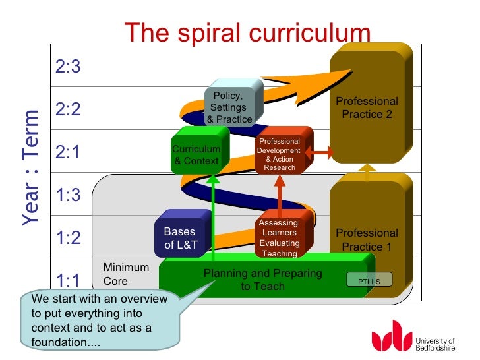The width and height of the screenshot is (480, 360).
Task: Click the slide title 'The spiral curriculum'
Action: click(247, 32)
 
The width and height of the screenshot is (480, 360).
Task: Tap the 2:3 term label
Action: click(68, 67)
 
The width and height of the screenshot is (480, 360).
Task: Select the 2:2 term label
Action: click(68, 109)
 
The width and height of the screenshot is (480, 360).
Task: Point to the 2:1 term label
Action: click(68, 152)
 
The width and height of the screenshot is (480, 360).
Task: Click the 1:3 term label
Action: click(68, 195)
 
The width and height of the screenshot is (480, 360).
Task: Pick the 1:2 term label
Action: click(68, 237)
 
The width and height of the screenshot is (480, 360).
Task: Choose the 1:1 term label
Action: click(68, 281)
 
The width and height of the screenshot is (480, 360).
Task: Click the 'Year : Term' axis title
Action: click(31, 169)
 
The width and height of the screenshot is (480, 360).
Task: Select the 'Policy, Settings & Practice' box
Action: click(229, 107)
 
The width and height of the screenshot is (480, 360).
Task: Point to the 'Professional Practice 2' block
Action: click(367, 107)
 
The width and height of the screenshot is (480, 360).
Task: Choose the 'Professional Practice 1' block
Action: click(367, 239)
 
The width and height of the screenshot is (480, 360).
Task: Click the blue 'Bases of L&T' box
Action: click(179, 239)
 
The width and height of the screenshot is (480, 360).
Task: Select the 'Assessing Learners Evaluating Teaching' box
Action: click(280, 238)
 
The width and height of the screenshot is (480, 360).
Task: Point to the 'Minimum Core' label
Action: click(126, 274)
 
